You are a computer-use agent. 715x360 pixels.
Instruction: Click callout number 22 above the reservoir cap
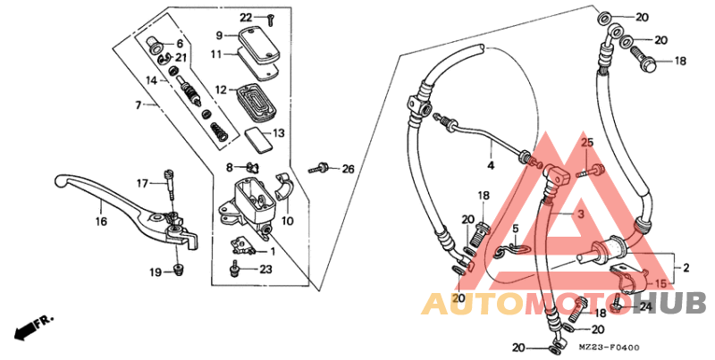pos(246,18)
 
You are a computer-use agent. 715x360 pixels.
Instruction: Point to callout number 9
pos(218,36)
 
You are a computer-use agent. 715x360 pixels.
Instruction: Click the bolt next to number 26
pos(319,167)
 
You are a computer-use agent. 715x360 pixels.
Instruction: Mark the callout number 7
pos(139,105)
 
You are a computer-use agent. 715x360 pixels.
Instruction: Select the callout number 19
pos(156,272)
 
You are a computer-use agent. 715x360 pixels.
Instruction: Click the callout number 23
pos(265,269)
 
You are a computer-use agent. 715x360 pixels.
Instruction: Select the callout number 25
pos(587,144)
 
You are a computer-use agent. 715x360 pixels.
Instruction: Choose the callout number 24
pos(645,306)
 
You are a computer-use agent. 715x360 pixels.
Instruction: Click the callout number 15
pos(660,284)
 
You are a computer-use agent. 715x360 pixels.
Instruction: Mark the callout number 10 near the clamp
pos(288,220)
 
